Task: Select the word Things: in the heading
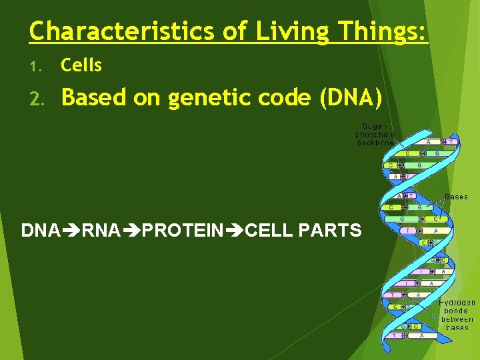[x=381, y=31]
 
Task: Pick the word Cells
[x=81, y=65]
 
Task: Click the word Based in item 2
[x=94, y=98]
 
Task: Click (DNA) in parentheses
[x=351, y=98]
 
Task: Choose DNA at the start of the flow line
[x=40, y=231]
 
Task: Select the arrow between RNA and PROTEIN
[x=132, y=231]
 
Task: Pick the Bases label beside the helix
[x=456, y=197]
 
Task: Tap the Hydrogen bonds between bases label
[x=457, y=315]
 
